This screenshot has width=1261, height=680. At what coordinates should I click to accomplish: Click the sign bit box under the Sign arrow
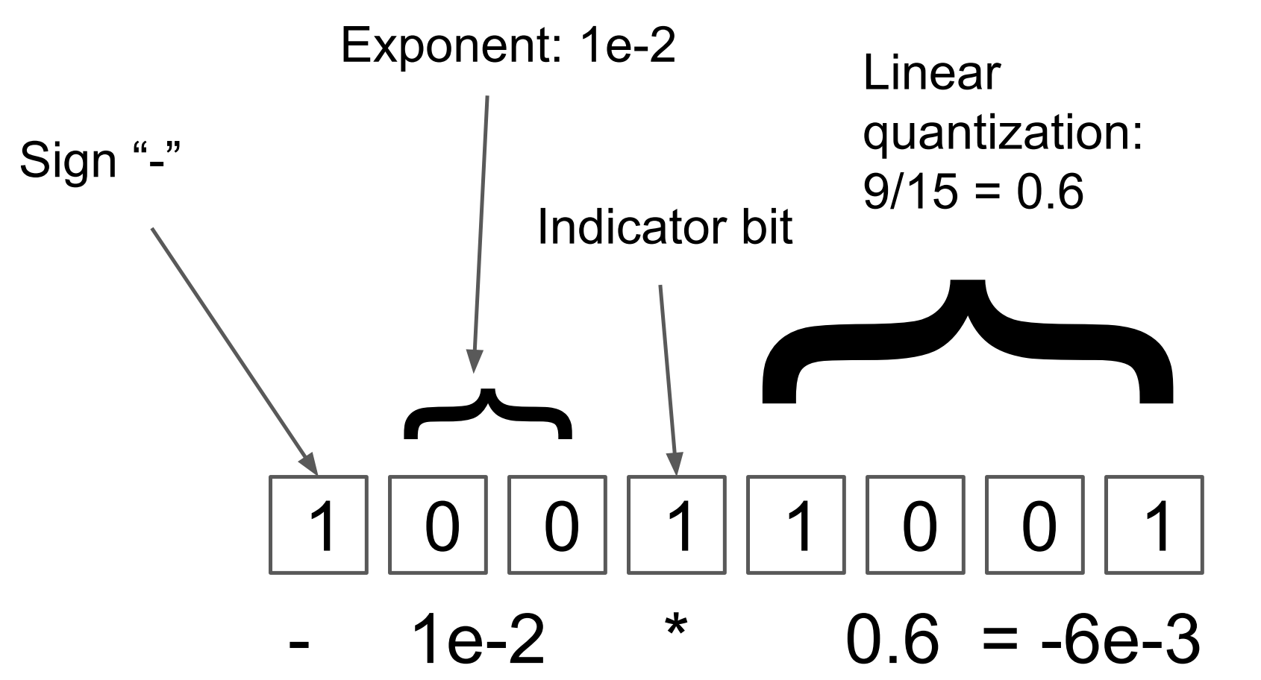pyautogui.click(x=319, y=525)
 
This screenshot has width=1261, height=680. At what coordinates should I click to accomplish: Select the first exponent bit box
pyautogui.click(x=438, y=525)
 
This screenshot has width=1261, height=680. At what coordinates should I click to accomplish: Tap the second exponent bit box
pyautogui.click(x=557, y=525)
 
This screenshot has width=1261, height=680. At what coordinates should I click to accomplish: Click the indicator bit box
pyautogui.click(x=677, y=525)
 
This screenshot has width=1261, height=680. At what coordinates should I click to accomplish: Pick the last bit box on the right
pyautogui.click(x=1154, y=525)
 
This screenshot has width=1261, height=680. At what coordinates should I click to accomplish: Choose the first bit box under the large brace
pyautogui.click(x=796, y=525)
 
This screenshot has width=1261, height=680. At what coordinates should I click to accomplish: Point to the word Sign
pyautogui.click(x=68, y=162)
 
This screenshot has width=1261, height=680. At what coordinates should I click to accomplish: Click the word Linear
pyautogui.click(x=932, y=75)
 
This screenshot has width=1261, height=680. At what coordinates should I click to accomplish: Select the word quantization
pyautogui.click(x=1003, y=135)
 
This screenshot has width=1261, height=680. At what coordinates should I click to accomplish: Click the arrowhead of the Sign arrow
pyautogui.click(x=310, y=464)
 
